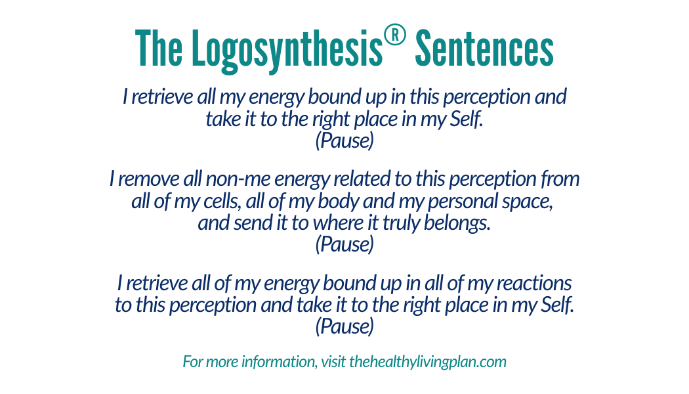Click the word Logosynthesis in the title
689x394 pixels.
tap(287, 50)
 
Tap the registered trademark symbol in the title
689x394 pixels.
tap(394, 35)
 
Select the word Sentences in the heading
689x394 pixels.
tap(484, 49)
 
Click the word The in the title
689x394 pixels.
tap(159, 49)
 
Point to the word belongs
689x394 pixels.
tap(457, 223)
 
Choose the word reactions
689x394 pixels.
tap(534, 283)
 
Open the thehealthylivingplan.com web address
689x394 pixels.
tap(428, 362)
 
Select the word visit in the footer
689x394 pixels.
tap(333, 361)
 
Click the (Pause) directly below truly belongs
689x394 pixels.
tap(344, 244)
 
